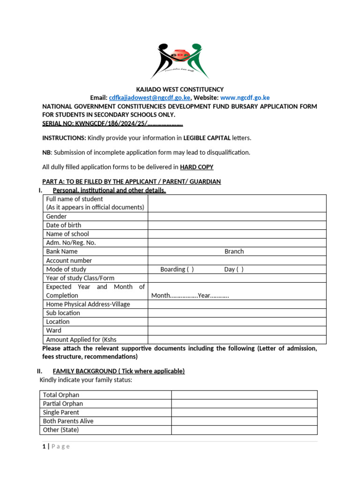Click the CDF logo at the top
180,60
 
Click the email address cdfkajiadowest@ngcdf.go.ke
149,97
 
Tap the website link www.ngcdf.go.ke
245,97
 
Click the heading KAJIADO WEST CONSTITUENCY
180,89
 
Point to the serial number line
112,124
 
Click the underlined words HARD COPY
196,167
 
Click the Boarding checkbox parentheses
190,270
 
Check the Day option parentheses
240,270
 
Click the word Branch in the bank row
234,252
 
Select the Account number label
69,261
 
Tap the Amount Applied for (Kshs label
81,339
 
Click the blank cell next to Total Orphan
244,395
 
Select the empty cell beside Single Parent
244,412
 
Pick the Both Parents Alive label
68,421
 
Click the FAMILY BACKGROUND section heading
119,371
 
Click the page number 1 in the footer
44,446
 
